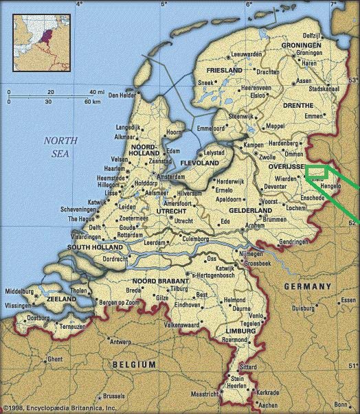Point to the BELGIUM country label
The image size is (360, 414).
tap(135, 364)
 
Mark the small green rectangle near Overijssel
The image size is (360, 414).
tap(316, 172)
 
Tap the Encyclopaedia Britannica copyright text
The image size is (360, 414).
tap(60, 409)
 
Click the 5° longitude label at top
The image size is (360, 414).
tap(164, 5)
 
